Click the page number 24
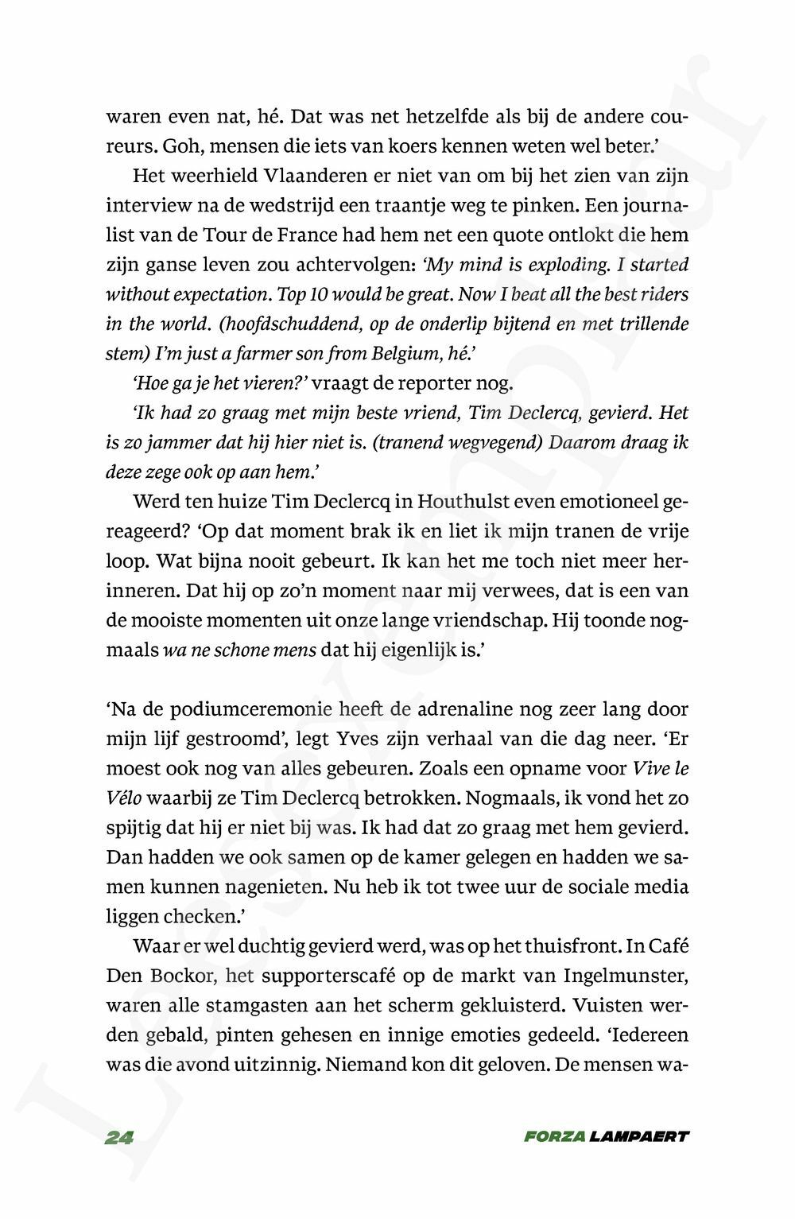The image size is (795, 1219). pyautogui.click(x=119, y=1137)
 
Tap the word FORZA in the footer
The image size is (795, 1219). pyautogui.click(x=553, y=1137)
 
